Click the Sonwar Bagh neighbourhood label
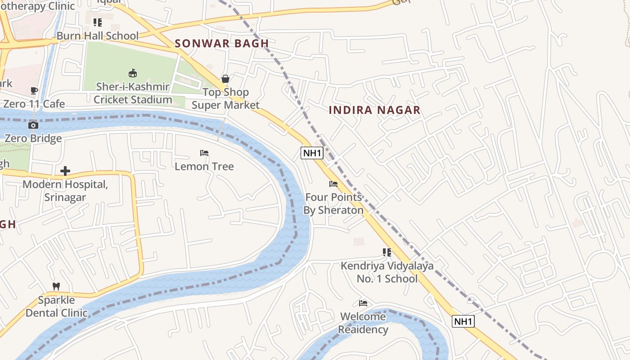click(x=221, y=44)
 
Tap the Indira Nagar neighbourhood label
click(x=374, y=110)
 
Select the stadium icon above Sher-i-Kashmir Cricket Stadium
click(x=133, y=73)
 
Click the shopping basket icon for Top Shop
click(x=225, y=79)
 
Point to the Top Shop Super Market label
click(x=225, y=99)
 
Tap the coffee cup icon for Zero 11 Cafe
click(x=34, y=90)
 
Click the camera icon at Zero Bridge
click(x=33, y=125)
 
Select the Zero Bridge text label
click(x=33, y=138)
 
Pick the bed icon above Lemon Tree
click(x=204, y=153)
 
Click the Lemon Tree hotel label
click(x=204, y=166)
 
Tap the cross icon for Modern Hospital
click(x=65, y=171)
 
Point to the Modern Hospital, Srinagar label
click(x=65, y=191)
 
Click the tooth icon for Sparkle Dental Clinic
click(x=56, y=286)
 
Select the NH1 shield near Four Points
click(x=312, y=153)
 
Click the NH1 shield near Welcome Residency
click(x=463, y=321)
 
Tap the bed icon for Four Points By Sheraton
click(x=333, y=184)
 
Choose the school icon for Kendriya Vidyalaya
click(x=387, y=252)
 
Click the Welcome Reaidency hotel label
click(x=363, y=323)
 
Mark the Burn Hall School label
click(x=97, y=36)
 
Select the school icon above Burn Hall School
click(x=97, y=22)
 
